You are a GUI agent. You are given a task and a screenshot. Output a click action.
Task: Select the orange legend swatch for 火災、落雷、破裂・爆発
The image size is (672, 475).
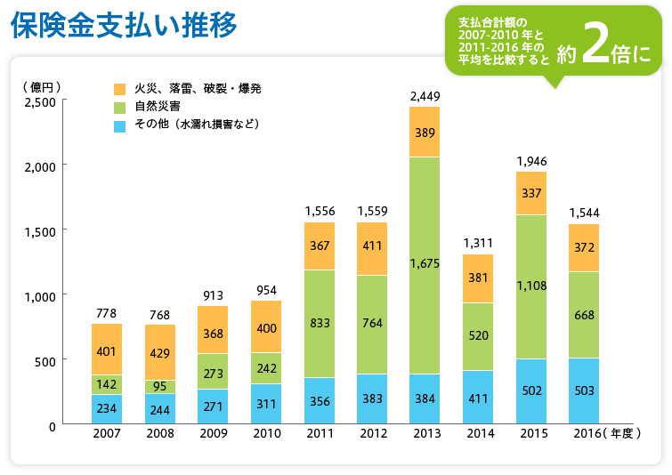[x=120, y=89]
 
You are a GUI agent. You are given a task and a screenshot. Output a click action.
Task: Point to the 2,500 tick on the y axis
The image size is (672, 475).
[x=38, y=101]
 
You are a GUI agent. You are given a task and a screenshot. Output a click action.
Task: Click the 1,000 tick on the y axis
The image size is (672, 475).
[x=38, y=296]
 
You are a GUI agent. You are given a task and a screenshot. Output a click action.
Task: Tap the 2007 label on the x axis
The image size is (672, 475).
[x=106, y=433]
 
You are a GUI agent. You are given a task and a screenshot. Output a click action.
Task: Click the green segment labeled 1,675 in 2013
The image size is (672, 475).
[x=425, y=265]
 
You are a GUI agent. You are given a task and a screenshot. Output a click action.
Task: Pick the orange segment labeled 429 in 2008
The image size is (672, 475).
[x=160, y=352]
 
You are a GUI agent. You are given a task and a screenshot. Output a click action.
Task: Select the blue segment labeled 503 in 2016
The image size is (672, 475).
[x=584, y=391]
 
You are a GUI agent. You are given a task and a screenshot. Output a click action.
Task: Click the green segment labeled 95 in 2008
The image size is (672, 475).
[x=160, y=386]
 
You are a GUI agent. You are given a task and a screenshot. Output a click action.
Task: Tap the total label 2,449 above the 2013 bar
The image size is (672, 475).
[x=425, y=94]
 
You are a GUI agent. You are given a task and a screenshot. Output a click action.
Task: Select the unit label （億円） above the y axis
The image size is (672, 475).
[x=42, y=87]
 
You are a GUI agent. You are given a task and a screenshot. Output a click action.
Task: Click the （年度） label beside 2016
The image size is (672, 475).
[x=621, y=433]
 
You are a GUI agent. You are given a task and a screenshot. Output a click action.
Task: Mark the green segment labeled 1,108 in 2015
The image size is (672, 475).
[x=530, y=286]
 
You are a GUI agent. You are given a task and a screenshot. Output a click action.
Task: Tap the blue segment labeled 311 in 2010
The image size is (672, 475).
[x=266, y=404]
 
